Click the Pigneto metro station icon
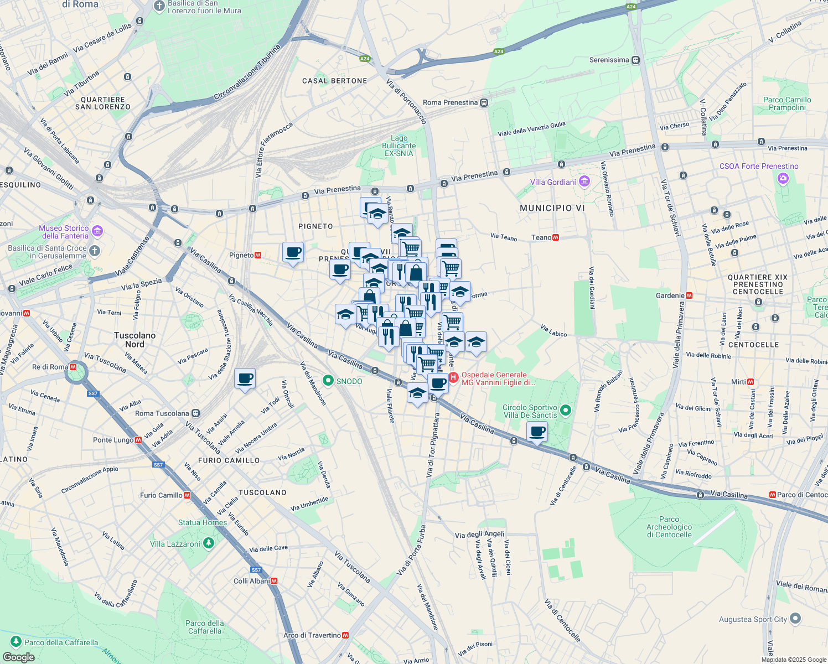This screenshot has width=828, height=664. coord(258,255)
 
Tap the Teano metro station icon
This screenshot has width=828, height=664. coord(556,237)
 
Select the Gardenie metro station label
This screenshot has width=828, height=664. coord(670,295)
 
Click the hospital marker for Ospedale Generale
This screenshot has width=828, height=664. coord(453,378)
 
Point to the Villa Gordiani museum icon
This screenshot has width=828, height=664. coord(584,181)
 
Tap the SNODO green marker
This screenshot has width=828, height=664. coord(328,381)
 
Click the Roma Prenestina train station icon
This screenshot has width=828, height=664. coord(484,102)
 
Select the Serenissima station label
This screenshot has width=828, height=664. coord(609,60)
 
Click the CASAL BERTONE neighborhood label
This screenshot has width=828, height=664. coord(334,81)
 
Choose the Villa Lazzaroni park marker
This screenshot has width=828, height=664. coord(208,543)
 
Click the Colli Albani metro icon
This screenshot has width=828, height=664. coord(274,580)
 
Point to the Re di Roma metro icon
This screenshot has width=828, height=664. coord(73,367)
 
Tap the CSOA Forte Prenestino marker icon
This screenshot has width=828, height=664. coord(783,178)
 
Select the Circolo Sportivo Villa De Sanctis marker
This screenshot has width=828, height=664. coord(565,411)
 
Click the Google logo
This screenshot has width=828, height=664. coord(18,657)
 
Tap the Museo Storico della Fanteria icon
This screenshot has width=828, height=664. coord(97,231)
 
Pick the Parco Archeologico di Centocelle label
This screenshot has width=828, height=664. coord(669,527)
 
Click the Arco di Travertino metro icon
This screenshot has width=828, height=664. coord(345,635)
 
